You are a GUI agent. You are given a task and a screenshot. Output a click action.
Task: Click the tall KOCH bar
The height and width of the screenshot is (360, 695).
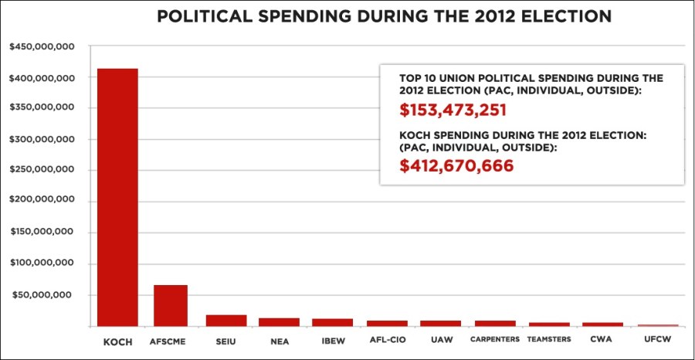point(117,197)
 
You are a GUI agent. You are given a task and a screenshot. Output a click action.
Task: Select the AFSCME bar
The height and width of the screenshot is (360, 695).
point(170,305)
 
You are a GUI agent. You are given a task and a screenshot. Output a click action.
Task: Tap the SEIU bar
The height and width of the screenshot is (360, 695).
point(225,320)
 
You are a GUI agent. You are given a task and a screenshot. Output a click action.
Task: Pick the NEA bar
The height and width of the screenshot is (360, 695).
point(279,321)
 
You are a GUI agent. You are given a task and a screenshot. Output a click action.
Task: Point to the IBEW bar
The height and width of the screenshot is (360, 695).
point(332,321)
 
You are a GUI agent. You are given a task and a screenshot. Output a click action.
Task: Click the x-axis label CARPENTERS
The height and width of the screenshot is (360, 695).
point(494,340)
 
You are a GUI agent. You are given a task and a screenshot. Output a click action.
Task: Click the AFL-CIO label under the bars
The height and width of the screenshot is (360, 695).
point(386,340)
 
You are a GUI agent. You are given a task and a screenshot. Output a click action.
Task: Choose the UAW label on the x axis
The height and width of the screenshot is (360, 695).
point(440,340)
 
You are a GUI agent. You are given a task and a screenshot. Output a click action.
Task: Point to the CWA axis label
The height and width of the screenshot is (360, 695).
point(602,340)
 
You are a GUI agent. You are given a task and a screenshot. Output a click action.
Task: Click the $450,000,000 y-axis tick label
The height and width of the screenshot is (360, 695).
point(42,47)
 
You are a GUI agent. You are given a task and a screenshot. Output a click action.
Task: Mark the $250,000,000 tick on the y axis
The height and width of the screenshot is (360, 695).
point(42,171)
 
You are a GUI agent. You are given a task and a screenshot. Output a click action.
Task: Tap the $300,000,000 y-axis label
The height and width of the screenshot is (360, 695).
point(42,140)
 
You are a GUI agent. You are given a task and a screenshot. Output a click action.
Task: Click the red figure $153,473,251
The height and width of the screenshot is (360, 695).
point(453,110)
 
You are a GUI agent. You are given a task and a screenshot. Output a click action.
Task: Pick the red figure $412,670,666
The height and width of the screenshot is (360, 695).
point(456,165)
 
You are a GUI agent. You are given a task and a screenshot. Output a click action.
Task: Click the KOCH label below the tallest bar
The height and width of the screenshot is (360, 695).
point(117,341)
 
